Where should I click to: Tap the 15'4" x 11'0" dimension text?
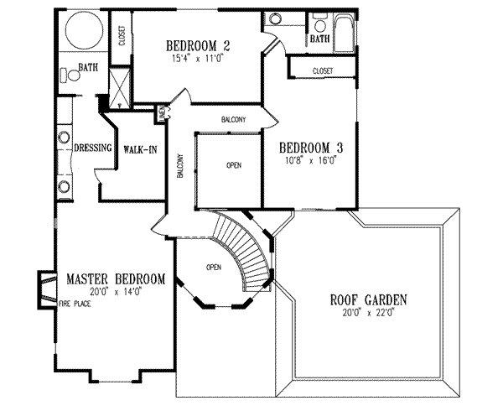pos(198,60)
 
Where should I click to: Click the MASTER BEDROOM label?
pos(115,278)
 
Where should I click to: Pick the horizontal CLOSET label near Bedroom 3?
pos(323,70)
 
